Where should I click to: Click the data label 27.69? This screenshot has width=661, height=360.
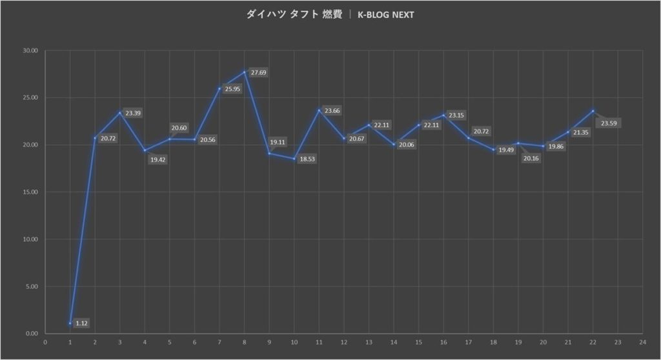pyautogui.click(x=258, y=73)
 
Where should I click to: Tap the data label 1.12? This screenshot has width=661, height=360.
pyautogui.click(x=81, y=323)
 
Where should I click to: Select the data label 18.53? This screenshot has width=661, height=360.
pyautogui.click(x=307, y=159)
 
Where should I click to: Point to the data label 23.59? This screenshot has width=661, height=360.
pyautogui.click(x=609, y=123)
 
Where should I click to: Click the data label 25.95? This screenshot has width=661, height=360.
pyautogui.click(x=232, y=89)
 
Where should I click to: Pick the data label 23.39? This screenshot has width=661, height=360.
pyautogui.click(x=133, y=113)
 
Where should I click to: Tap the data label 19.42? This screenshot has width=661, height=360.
pyautogui.click(x=158, y=159)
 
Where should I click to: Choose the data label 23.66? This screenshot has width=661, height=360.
pyautogui.click(x=332, y=111)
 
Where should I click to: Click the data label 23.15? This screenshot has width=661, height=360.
pyautogui.click(x=456, y=115)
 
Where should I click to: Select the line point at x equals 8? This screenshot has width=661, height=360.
pyautogui.click(x=245, y=72)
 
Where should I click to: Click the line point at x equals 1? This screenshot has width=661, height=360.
pyautogui.click(x=70, y=323)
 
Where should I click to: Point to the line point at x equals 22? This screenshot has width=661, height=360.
pyautogui.click(x=593, y=111)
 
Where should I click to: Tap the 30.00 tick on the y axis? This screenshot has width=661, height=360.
pyautogui.click(x=30, y=50)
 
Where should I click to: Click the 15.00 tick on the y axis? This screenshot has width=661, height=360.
pyautogui.click(x=30, y=192)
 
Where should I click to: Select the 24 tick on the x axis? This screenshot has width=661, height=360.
pyautogui.click(x=642, y=343)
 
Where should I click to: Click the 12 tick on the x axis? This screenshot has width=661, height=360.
pyautogui.click(x=343, y=343)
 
